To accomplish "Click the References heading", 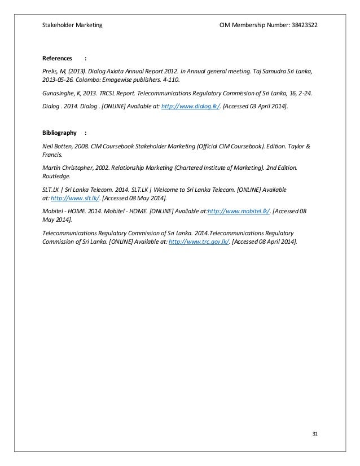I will click(57, 58).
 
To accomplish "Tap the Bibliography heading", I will click(59, 133).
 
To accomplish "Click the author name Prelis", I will click(51, 72).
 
